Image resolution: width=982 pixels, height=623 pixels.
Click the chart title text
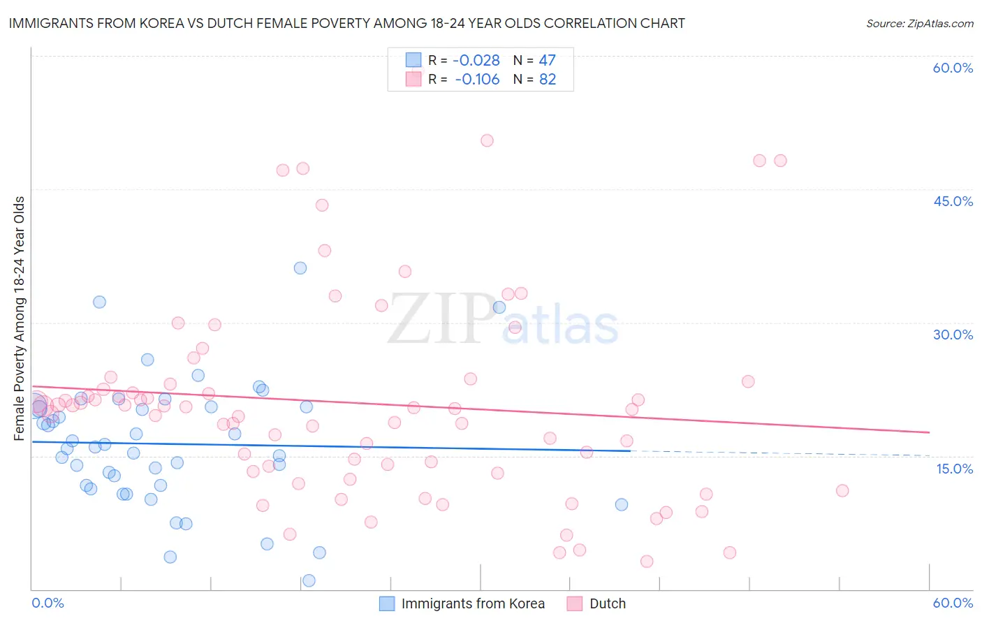[x=346, y=23]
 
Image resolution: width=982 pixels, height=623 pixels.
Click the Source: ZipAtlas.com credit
[x=919, y=23]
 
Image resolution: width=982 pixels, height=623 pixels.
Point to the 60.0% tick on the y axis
[x=953, y=68]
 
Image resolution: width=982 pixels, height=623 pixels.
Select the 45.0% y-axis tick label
[x=953, y=201]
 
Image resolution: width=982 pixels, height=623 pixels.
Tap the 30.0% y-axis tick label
[x=953, y=335]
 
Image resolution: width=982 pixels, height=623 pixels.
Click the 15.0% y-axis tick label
[x=954, y=469]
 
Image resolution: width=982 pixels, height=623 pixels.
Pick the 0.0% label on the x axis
[x=47, y=603]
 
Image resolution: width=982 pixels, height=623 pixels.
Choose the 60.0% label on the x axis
[x=953, y=603]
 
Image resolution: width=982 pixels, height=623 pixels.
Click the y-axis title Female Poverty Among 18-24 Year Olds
[x=20, y=318]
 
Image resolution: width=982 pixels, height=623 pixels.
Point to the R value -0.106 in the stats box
[x=477, y=80]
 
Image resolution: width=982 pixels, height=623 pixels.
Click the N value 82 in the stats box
[x=548, y=80]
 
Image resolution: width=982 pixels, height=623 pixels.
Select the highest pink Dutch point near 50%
[x=487, y=140]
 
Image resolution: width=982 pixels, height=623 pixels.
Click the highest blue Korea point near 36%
[x=300, y=268]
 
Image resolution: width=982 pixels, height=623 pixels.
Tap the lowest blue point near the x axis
[x=309, y=580]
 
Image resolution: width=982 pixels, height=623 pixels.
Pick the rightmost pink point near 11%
[x=842, y=490]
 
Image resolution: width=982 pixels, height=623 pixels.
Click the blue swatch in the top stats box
[x=413, y=61]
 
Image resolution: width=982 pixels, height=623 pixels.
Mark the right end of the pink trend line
[x=929, y=432]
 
